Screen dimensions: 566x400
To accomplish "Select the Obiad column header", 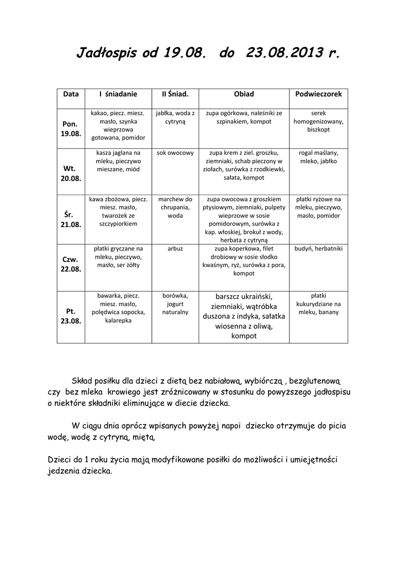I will click(244, 94).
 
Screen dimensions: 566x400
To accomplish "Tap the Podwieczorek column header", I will click(318, 94).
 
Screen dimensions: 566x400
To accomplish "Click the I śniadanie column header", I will click(118, 94).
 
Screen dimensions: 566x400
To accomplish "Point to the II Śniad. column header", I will click(175, 94).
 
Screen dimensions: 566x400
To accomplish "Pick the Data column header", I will click(71, 94).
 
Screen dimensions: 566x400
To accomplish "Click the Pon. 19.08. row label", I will click(71, 129).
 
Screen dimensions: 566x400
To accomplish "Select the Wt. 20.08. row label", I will click(71, 173).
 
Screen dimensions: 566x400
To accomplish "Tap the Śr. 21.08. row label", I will click(71, 219).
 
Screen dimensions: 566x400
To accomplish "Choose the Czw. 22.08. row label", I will click(71, 264).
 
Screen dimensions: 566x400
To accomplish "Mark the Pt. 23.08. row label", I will click(71, 316).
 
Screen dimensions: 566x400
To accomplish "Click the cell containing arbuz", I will click(175, 249).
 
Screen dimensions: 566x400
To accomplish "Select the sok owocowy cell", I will click(175, 153).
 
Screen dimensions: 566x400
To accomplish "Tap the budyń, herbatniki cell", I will click(318, 249).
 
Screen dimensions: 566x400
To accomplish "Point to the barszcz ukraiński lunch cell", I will click(244, 316).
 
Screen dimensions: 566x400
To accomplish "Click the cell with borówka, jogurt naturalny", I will click(175, 303).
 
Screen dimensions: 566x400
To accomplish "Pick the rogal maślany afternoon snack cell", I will click(318, 157).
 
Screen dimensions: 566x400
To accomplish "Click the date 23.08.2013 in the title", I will click(285, 54).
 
